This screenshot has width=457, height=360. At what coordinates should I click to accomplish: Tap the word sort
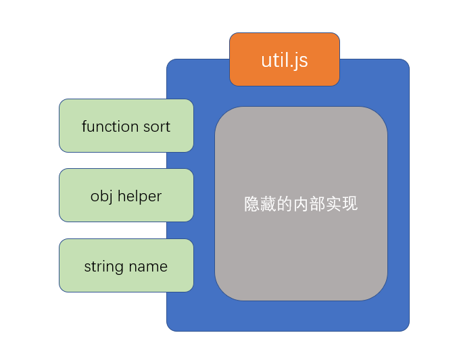click(157, 126)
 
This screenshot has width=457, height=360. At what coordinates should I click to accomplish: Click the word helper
click(139, 197)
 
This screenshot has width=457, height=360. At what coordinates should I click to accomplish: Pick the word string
click(103, 267)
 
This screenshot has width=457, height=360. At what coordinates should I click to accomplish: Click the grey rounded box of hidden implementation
click(301, 257)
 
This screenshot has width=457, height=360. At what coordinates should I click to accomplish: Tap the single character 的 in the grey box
click(285, 204)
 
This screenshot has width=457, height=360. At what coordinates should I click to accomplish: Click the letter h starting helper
click(122, 196)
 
